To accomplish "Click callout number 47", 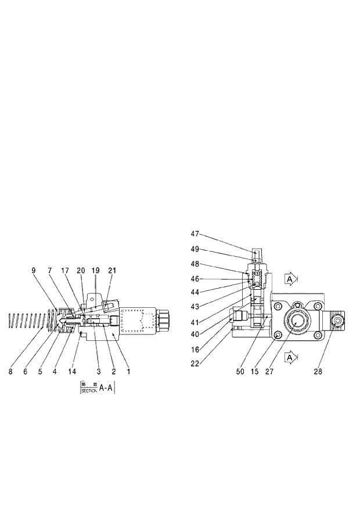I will pos(195,233).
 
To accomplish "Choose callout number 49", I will pos(195,249).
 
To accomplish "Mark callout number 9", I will pos(34,270).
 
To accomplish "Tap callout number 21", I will pos(111,270).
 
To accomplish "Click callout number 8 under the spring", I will pos(10,371).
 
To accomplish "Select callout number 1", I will pos(129,371).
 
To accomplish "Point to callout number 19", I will pos(96,270).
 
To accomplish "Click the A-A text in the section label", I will pos(106,387).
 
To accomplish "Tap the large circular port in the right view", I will pos(298,321).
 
